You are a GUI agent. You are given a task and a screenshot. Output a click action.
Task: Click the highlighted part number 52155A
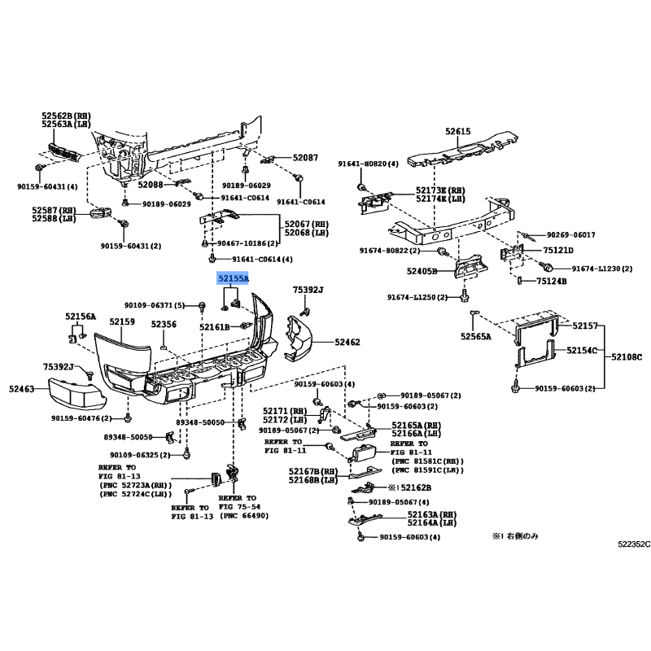click(x=234, y=278)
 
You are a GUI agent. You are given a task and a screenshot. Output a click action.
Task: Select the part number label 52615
click(x=458, y=131)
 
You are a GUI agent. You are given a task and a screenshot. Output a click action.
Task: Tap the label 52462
click(x=347, y=342)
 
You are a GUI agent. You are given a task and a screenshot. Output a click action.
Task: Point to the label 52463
click(x=22, y=389)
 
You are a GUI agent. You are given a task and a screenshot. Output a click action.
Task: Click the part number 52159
click(x=122, y=321)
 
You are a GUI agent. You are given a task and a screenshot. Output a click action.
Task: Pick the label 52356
click(x=164, y=324)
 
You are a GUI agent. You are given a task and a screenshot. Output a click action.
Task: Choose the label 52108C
click(x=627, y=356)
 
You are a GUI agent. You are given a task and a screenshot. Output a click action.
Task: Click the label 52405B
click(x=422, y=271)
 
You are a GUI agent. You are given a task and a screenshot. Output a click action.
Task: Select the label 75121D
click(x=558, y=250)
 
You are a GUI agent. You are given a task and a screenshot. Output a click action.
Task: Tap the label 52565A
click(x=476, y=336)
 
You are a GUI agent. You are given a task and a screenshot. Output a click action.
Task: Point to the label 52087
click(x=305, y=157)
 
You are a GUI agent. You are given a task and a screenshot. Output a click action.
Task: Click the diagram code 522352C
click(x=634, y=544)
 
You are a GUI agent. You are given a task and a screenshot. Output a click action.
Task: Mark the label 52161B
click(x=215, y=327)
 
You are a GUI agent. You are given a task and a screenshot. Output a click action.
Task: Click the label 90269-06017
click(x=571, y=234)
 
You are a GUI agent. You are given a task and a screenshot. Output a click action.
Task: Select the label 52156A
click(x=81, y=317)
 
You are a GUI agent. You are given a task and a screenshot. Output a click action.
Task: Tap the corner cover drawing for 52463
click(x=76, y=393)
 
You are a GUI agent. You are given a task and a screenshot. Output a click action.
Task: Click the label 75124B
click(x=552, y=281)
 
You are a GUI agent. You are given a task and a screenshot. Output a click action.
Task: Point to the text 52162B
click(x=416, y=487)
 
